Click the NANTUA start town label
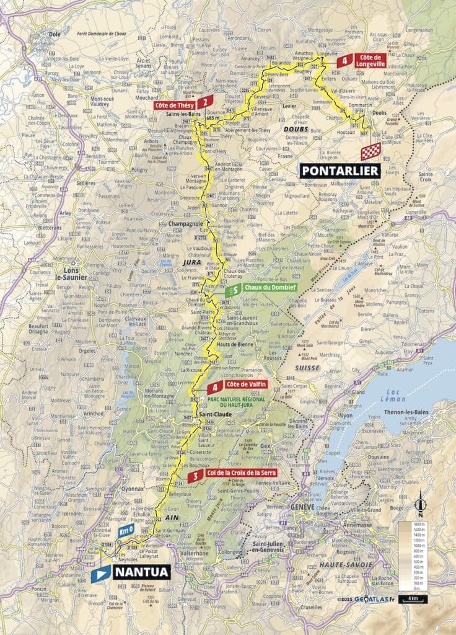click(141, 571)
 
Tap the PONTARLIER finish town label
click(340, 171)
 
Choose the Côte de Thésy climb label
click(178, 105)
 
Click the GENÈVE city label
click(304, 506)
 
